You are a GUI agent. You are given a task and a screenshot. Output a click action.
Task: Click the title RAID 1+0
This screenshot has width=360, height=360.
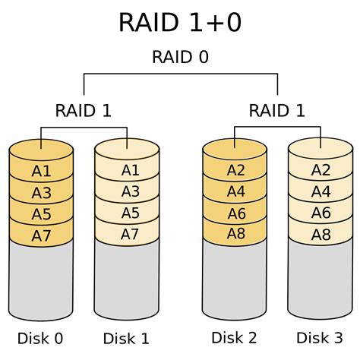[180, 22]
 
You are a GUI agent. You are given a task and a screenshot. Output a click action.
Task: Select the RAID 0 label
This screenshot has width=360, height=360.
[180, 57]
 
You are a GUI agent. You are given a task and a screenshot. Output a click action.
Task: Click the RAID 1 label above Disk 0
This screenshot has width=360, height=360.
[84, 111]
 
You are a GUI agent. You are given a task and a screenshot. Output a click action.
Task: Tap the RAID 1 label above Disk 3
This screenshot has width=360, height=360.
[277, 111]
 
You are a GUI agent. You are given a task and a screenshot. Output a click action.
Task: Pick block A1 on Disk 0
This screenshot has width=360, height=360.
[41, 171]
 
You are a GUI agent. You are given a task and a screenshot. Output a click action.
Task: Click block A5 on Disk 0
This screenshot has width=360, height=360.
[41, 213]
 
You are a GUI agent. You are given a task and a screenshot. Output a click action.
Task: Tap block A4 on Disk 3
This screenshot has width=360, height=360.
[321, 192]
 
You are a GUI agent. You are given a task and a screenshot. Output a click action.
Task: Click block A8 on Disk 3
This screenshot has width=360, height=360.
[321, 235]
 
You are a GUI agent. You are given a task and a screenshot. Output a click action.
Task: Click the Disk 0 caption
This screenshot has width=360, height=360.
[41, 338]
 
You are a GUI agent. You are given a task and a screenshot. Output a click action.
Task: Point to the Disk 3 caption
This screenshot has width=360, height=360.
[321, 338]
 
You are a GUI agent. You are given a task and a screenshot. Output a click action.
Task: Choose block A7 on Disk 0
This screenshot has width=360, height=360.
[41, 235]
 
